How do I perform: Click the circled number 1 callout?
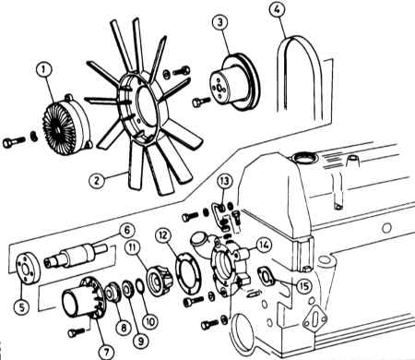[x=43, y=70]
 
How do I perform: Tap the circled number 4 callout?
[x=277, y=9]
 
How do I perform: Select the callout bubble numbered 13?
[x=225, y=182]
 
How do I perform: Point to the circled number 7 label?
[x=106, y=352]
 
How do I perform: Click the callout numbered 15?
[x=303, y=286]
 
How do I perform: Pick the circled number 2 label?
[x=97, y=180]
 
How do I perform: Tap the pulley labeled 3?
[x=234, y=82]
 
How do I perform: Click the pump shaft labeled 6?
[x=76, y=256]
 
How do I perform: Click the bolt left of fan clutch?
[x=14, y=142]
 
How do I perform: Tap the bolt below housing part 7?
[x=76, y=332]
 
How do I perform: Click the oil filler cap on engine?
[x=304, y=158]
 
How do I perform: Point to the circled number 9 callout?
[x=140, y=341]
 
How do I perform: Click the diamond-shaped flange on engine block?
[x=314, y=320]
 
